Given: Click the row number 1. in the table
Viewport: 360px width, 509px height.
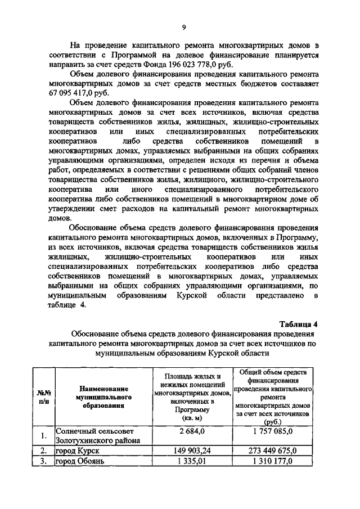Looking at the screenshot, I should point(43,436).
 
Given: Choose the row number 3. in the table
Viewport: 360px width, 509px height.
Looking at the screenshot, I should point(43,462).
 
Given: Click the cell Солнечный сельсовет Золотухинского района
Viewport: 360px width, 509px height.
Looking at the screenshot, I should point(96,436).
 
